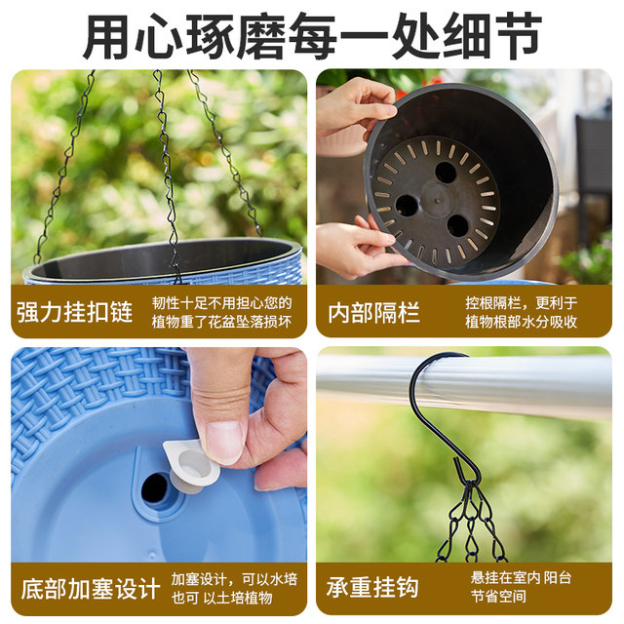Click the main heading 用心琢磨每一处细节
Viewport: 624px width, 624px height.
coord(312,36)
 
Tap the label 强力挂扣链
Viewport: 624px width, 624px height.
coord(74,312)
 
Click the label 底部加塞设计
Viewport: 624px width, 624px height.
coord(90,588)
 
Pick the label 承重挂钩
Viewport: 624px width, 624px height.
coord(373,588)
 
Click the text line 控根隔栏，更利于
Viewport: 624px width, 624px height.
coord(521,302)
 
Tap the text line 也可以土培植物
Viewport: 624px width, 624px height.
coord(220,598)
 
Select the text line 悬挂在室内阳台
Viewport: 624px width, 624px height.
coord(521,578)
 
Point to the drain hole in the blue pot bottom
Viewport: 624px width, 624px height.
coord(157,487)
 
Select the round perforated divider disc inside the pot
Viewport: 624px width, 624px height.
coord(435,201)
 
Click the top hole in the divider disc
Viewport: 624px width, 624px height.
coord(446,173)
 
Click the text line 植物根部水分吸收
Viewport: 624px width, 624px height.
coord(521,322)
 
